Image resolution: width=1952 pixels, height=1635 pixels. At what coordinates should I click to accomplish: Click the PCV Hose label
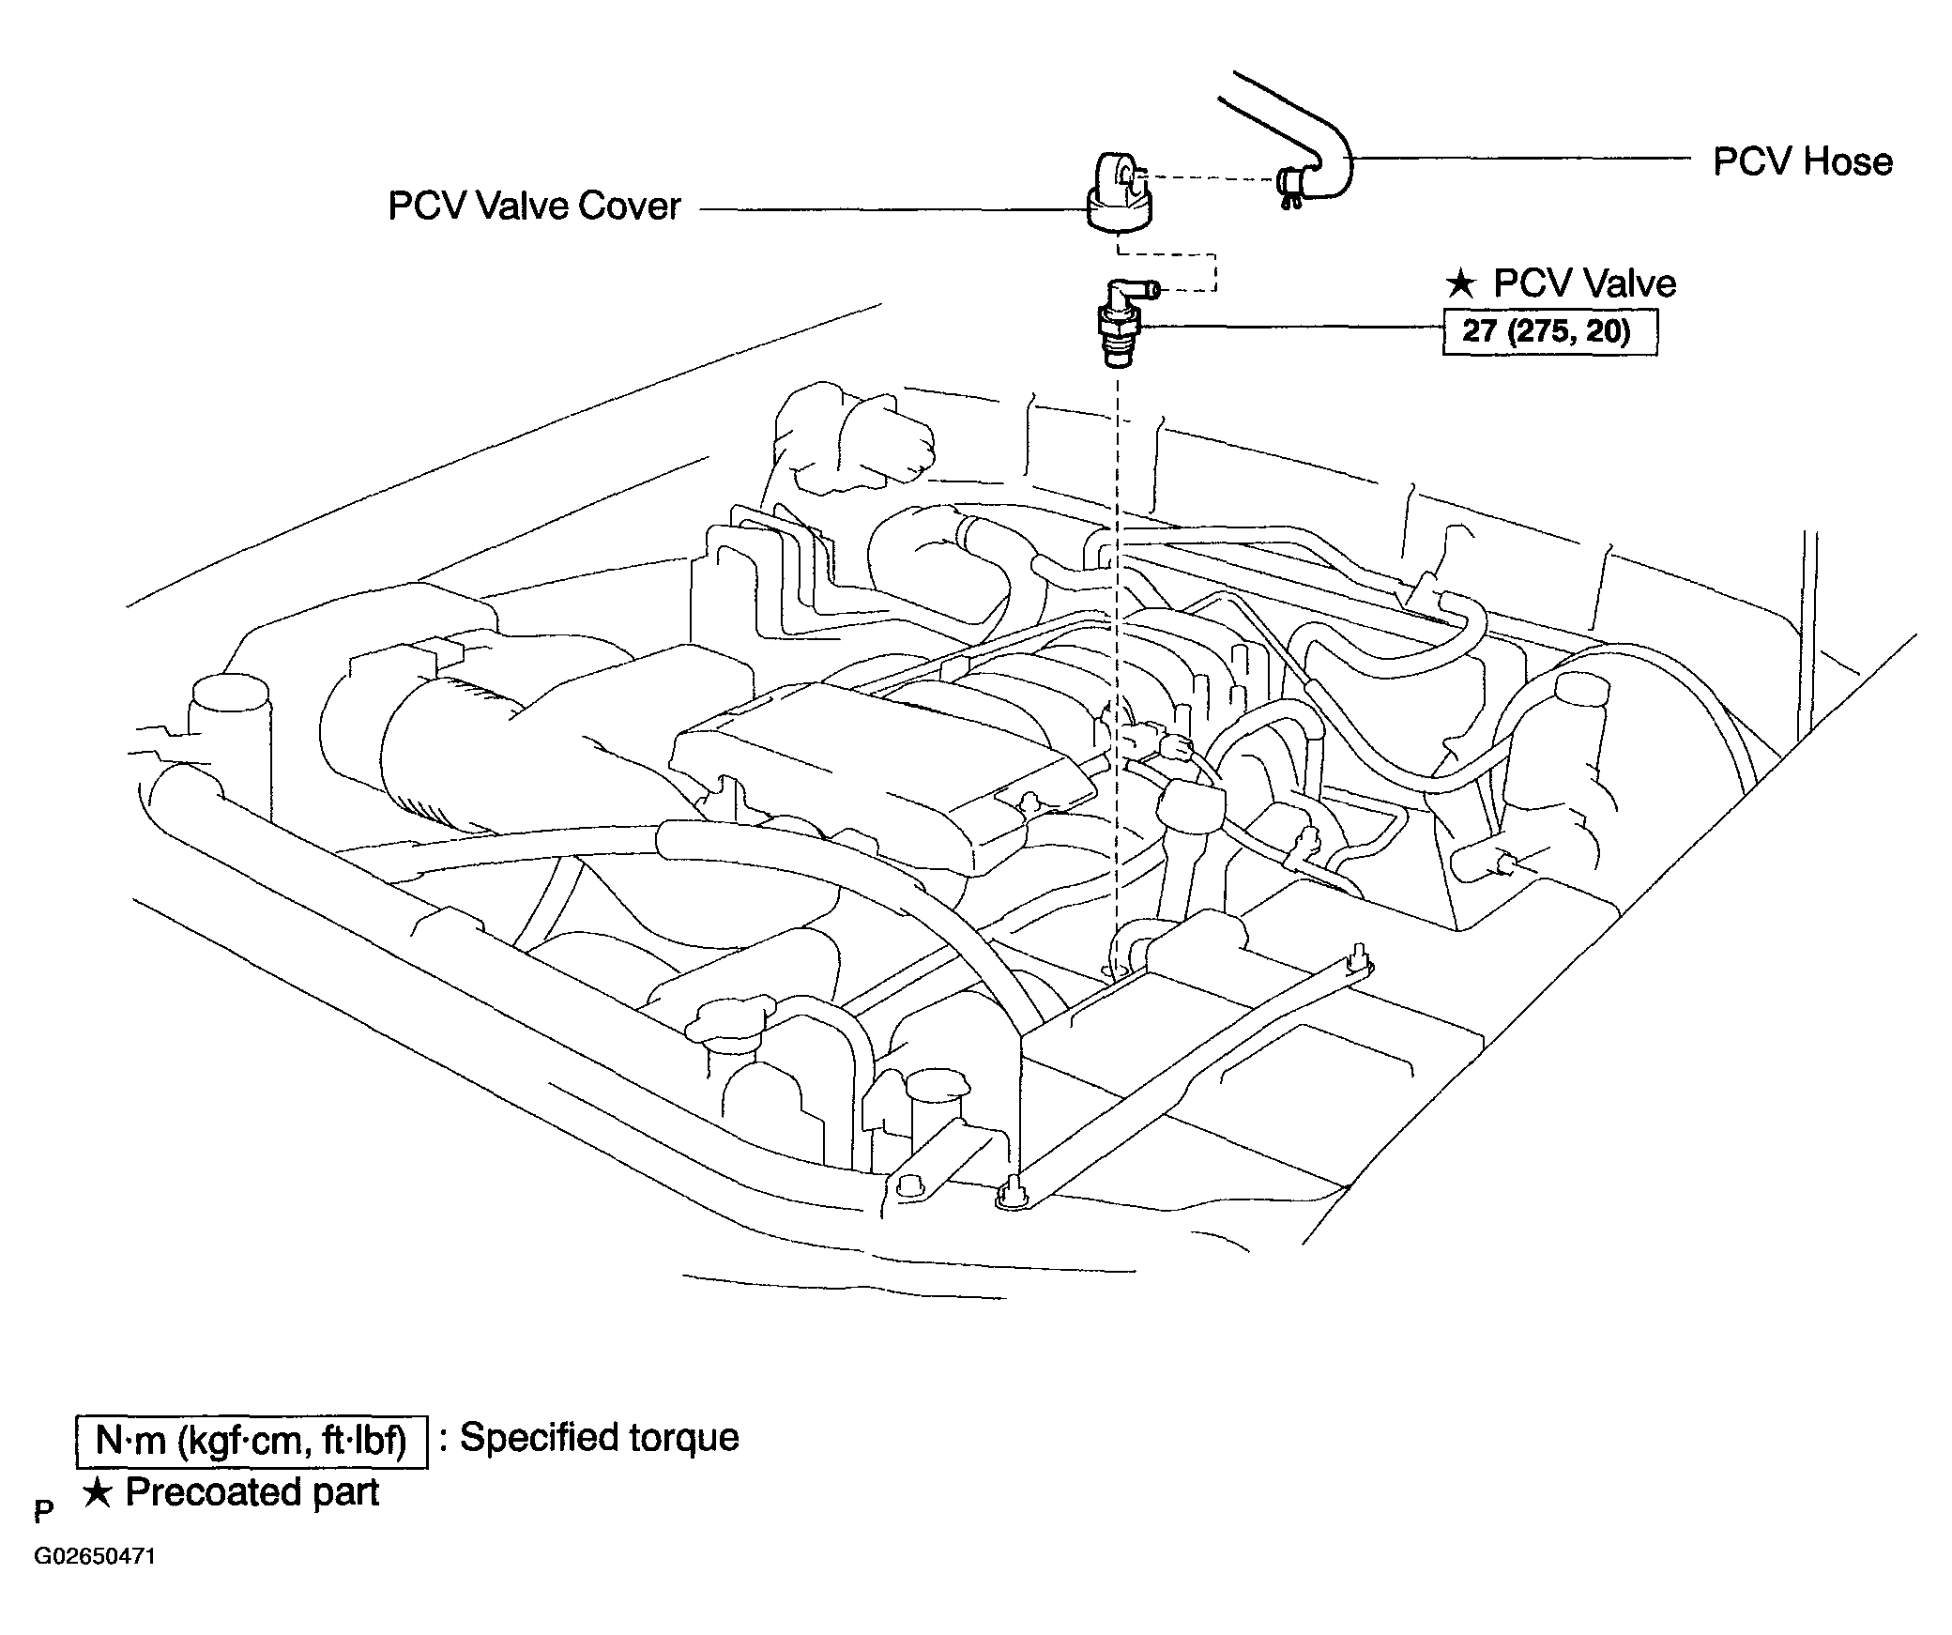[x=1802, y=161]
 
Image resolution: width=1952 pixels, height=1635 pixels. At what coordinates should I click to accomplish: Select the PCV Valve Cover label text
[x=534, y=206]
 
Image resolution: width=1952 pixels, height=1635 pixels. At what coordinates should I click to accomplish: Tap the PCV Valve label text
[x=1584, y=283]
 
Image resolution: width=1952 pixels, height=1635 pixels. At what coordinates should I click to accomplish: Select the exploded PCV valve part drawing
[x=1124, y=323]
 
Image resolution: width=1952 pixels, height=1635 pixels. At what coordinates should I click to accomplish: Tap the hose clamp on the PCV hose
[x=1290, y=186]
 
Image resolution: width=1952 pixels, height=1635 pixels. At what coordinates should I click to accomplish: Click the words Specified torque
[x=600, y=1437]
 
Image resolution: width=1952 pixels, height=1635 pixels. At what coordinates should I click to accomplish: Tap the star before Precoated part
[x=98, y=1491]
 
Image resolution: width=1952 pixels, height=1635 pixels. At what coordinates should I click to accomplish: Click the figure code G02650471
[x=95, y=1557]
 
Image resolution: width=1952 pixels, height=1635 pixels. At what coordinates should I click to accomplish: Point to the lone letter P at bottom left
[x=43, y=1511]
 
